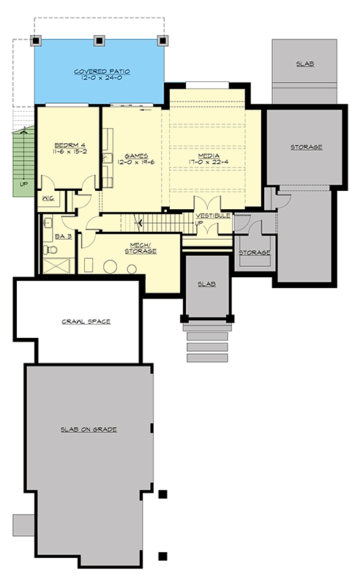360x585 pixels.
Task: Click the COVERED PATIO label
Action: [x=100, y=72]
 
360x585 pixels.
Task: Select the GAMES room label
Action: [x=137, y=156]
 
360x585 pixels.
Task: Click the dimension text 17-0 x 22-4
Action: [x=209, y=163]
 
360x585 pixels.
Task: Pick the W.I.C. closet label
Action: [x=49, y=198]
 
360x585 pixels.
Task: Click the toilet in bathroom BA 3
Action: [x=48, y=250]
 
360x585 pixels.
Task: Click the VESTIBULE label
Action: [x=213, y=215]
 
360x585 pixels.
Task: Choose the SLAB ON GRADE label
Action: [x=89, y=429]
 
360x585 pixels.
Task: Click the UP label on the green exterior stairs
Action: [x=23, y=184]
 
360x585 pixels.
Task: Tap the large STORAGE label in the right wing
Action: [x=305, y=147]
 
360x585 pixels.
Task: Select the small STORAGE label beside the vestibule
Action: [x=255, y=252]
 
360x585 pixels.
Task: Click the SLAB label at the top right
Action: [x=305, y=64]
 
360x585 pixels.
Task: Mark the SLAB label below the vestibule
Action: [x=207, y=284]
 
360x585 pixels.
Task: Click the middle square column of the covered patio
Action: [x=99, y=40]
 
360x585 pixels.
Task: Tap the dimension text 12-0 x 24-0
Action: [x=100, y=79]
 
